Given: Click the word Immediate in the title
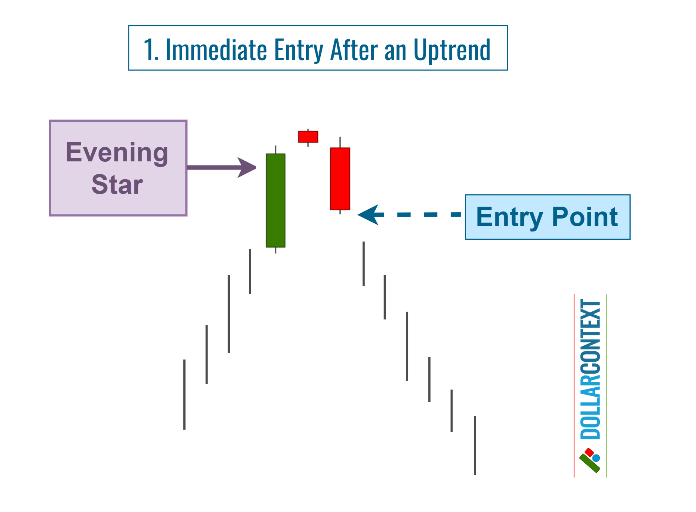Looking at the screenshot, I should click(x=216, y=50).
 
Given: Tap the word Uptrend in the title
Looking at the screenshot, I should click(x=452, y=50).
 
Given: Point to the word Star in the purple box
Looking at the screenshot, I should click(x=117, y=184).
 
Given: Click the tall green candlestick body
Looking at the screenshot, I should click(x=275, y=200).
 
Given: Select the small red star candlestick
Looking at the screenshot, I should click(x=308, y=137).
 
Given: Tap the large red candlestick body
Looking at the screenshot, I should click(x=340, y=179).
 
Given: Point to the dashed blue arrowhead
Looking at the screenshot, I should click(x=369, y=214).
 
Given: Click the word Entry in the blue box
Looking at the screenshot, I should click(x=510, y=217).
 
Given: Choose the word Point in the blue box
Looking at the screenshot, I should click(x=585, y=217).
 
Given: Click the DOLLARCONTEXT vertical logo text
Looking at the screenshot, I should click(x=590, y=369).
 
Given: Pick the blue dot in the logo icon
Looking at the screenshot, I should click(x=596, y=458).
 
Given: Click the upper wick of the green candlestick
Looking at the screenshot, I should click(x=275, y=150).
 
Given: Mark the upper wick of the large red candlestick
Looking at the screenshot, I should click(x=340, y=142).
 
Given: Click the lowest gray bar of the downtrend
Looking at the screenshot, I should click(x=475, y=446).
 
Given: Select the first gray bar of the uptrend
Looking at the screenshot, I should click(x=184, y=394).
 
